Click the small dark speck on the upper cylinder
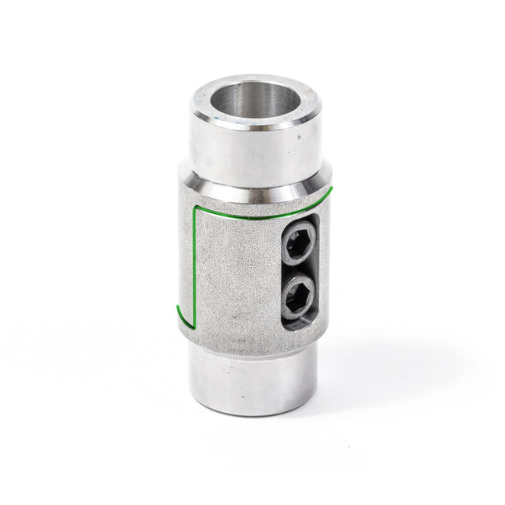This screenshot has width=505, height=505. click(x=297, y=137)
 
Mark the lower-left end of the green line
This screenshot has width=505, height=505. click(x=174, y=307)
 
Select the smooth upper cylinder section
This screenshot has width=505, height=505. click(x=240, y=152)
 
